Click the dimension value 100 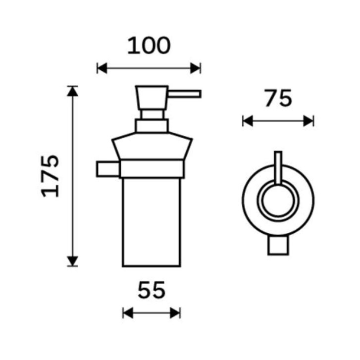tap(149, 46)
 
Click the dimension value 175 tap(50, 176)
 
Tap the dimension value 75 tap(278, 98)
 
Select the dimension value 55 tap(152, 290)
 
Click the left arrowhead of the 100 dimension tap(102, 68)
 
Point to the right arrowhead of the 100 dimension tap(196, 68)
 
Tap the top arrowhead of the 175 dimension tap(73, 91)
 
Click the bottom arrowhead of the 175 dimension tap(73, 261)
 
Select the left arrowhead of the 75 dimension tap(248, 121)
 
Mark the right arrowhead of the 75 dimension tap(309, 121)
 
